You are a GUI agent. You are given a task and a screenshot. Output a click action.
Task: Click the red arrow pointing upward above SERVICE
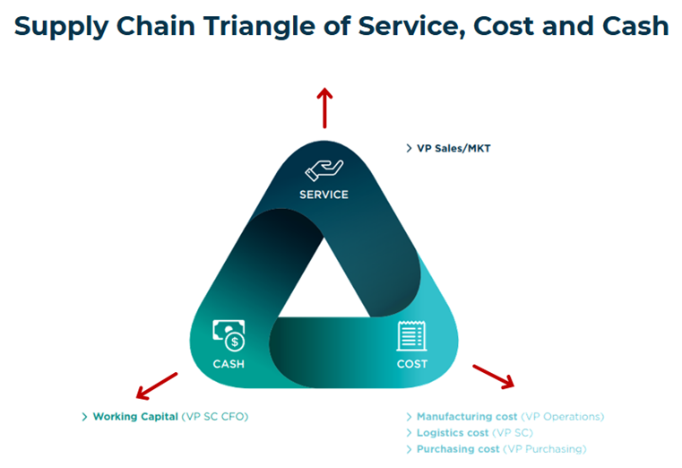(324, 108)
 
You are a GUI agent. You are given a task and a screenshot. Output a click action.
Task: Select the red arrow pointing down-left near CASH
(157, 386)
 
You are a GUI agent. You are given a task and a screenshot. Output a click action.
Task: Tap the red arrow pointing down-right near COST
(494, 377)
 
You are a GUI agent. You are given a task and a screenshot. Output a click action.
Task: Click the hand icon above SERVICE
(324, 170)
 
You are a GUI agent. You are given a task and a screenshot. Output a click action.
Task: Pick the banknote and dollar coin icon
(229, 335)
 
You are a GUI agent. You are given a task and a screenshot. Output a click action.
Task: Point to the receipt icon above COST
(411, 335)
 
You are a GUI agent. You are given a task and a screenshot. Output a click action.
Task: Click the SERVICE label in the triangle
(324, 195)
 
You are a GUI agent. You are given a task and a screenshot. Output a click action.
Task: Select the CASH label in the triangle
(229, 364)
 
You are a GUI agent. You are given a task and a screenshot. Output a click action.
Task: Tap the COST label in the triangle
(412, 364)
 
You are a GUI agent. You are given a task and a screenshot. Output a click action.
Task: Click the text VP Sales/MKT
(453, 148)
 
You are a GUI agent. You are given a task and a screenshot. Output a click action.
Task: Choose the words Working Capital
(135, 417)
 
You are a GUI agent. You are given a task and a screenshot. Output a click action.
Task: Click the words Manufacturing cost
(467, 417)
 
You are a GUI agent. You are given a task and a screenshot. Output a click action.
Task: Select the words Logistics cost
(453, 433)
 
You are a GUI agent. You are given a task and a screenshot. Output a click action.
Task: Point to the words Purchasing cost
(458, 449)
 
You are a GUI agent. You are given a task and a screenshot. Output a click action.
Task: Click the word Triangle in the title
(260, 27)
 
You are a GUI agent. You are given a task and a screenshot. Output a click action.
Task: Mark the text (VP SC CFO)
(215, 417)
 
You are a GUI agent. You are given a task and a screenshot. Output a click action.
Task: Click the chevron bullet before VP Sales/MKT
(409, 148)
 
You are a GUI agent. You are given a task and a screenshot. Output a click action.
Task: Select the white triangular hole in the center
(324, 287)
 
